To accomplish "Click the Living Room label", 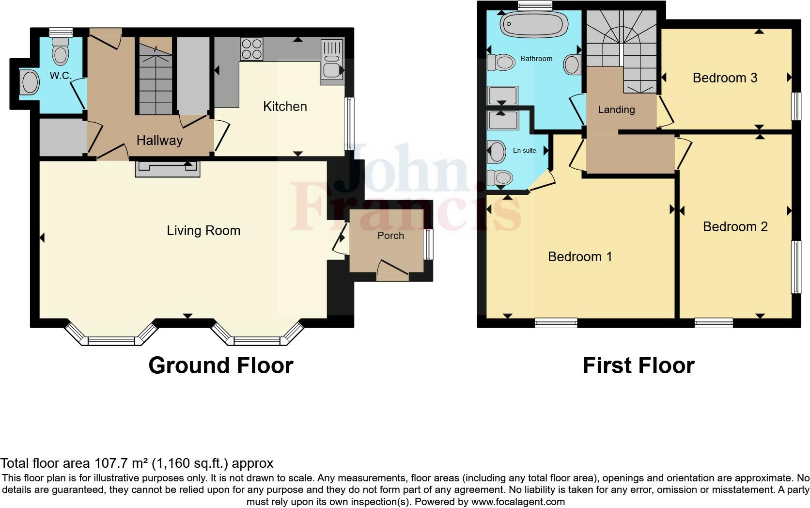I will coord(203,230).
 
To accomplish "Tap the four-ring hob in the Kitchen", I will coord(251,49).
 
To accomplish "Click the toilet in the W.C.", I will coord(61,51).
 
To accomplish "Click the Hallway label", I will coord(159,141).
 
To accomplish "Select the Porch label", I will coord(390,236).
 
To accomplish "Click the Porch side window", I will coord(428,244).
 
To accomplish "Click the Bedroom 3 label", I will coord(725,78).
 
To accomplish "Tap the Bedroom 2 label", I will coord(735,226).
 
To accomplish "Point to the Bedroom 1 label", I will coord(580,256).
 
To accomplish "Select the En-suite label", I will coord(524,151).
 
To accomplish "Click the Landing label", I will coord(616,110).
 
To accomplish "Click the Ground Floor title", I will coord(220,365).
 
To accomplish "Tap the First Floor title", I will coord(638,365).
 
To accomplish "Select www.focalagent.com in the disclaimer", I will coord(518,502).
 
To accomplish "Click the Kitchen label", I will coord(285,107).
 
